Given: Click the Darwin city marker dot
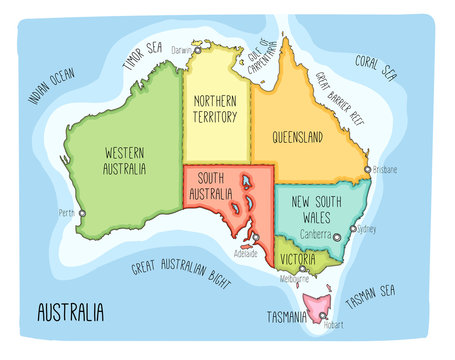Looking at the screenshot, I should pos(198,49).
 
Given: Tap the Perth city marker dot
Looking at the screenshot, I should pos(82,213).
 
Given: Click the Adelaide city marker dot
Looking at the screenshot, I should pos(256,236).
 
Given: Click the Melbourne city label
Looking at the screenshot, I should pos(294,279).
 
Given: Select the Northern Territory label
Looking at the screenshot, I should pos(215,109).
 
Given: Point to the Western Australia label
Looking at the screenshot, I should pos(125,161).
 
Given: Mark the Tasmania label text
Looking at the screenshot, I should pos(287,317).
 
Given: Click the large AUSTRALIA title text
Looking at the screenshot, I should pos(70,313).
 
